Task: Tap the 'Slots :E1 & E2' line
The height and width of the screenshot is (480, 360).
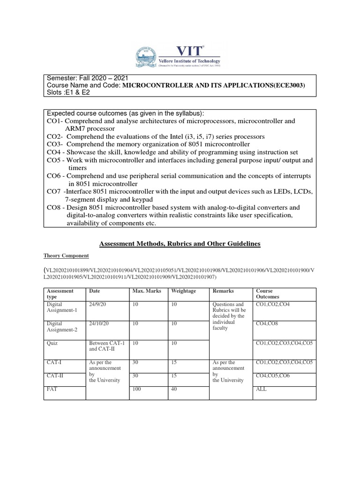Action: coord(67,92)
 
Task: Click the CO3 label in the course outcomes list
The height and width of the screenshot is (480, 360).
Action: coord(54,144)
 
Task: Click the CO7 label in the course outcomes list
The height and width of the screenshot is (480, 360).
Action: coord(55,192)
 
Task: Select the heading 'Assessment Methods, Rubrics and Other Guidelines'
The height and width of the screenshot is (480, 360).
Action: coord(180,244)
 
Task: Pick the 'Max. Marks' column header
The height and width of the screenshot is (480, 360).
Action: coord(147,291)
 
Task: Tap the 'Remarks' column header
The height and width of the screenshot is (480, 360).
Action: coord(223,291)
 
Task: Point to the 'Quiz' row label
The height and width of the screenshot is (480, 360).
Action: coord(52,343)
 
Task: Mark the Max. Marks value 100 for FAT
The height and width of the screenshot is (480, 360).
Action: coord(137,389)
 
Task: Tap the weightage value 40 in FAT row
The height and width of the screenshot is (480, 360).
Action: coord(175,389)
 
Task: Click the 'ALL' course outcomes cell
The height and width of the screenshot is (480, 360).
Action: coord(261,389)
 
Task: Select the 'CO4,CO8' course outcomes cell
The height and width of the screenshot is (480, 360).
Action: coord(267,323)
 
